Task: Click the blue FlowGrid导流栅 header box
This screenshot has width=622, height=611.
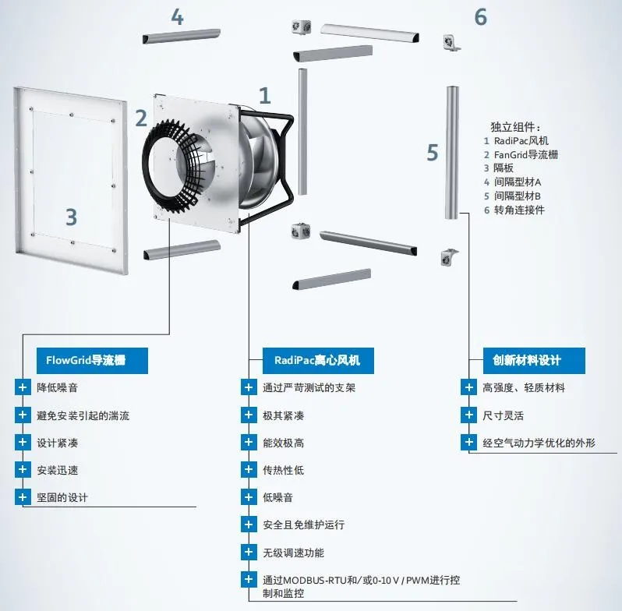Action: pyautogui.click(x=92, y=361)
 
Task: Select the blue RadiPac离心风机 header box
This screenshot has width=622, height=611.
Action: pyautogui.click(x=318, y=361)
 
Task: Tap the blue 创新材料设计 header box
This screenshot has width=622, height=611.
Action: pyautogui.click(x=534, y=361)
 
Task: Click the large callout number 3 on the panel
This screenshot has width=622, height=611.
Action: pyautogui.click(x=72, y=217)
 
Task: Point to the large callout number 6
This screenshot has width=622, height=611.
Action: pyautogui.click(x=480, y=17)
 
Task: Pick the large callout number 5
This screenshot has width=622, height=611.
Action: pyautogui.click(x=433, y=153)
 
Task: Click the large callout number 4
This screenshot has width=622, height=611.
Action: pyautogui.click(x=177, y=17)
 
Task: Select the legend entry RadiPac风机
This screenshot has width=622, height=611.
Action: pyautogui.click(x=521, y=141)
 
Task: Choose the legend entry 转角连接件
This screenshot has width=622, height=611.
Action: pyautogui.click(x=519, y=210)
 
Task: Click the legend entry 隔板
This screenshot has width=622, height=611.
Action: pyautogui.click(x=504, y=168)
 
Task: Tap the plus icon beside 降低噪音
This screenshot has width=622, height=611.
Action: pyautogui.click(x=23, y=387)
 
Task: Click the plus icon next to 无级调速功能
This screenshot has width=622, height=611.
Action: pyautogui.click(x=249, y=553)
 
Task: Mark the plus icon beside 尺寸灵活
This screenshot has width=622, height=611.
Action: pyautogui.click(x=469, y=415)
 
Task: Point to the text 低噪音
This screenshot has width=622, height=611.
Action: pyautogui.click(x=277, y=497)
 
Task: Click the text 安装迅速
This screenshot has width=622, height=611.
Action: pyautogui.click(x=58, y=470)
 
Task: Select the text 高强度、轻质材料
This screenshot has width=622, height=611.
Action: pyautogui.click(x=524, y=387)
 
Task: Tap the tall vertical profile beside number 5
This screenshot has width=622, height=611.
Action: pyautogui.click(x=452, y=153)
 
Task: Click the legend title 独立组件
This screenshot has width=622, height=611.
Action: pyautogui.click(x=515, y=127)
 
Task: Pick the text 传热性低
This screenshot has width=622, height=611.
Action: pyautogui.click(x=283, y=470)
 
